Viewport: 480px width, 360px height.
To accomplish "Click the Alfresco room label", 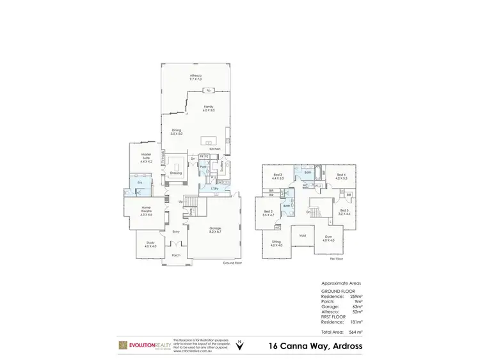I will coord(196,77).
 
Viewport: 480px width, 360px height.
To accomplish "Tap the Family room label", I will coord(209,109).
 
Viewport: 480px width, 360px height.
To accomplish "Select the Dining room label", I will coord(177,132).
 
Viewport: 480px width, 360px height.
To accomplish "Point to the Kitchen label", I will coord(214,148).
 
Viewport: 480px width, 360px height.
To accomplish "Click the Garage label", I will coord(215,230).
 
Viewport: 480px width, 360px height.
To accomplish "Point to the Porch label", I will coord(175,255).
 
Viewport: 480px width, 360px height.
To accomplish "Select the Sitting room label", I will coord(276,244).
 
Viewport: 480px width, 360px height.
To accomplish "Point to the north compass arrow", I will coord(239,346).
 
